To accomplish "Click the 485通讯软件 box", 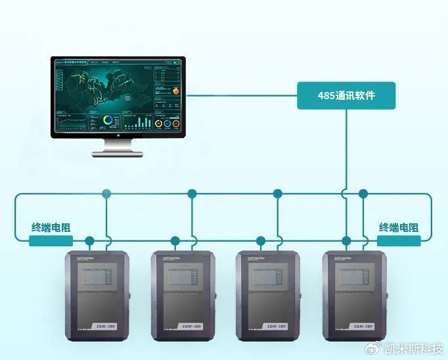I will (x=346, y=95).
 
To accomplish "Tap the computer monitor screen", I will (x=118, y=97).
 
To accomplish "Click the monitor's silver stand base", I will (x=118, y=153).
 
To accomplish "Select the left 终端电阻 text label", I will (x=51, y=228).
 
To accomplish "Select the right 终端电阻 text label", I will (x=398, y=228).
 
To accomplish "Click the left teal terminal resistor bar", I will (x=51, y=241).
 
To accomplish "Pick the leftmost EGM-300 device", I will (x=97, y=296).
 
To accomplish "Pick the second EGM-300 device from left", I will (x=183, y=296).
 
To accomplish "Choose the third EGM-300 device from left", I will (x=267, y=296).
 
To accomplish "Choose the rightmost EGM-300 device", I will (x=354, y=296).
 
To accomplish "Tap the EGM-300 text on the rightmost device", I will (x=364, y=326).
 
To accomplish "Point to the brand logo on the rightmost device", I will (x=346, y=258).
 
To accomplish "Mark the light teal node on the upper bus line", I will (x=106, y=194).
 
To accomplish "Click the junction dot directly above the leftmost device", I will (x=89, y=241).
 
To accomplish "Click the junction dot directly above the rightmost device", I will (x=347, y=241).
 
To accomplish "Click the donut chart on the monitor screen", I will (x=108, y=121).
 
